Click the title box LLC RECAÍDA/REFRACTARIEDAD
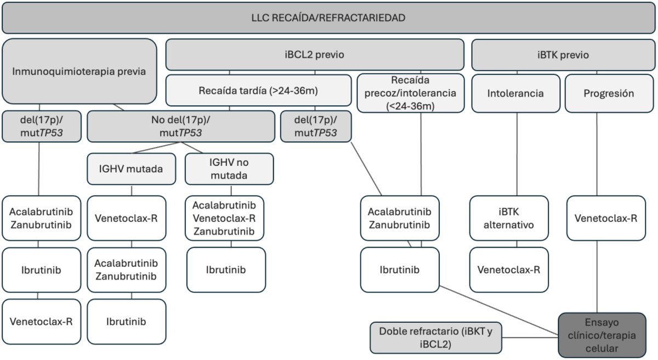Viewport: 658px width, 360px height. (x=328, y=18)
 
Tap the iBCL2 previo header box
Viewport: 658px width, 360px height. (x=315, y=55)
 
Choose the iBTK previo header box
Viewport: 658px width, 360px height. (x=563, y=55)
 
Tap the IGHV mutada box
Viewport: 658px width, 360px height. (x=131, y=169)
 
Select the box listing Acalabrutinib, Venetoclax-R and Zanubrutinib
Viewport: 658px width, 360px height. (x=224, y=218)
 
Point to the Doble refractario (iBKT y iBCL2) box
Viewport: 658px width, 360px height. (x=435, y=337)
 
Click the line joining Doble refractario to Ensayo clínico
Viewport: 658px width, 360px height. (x=530, y=337)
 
